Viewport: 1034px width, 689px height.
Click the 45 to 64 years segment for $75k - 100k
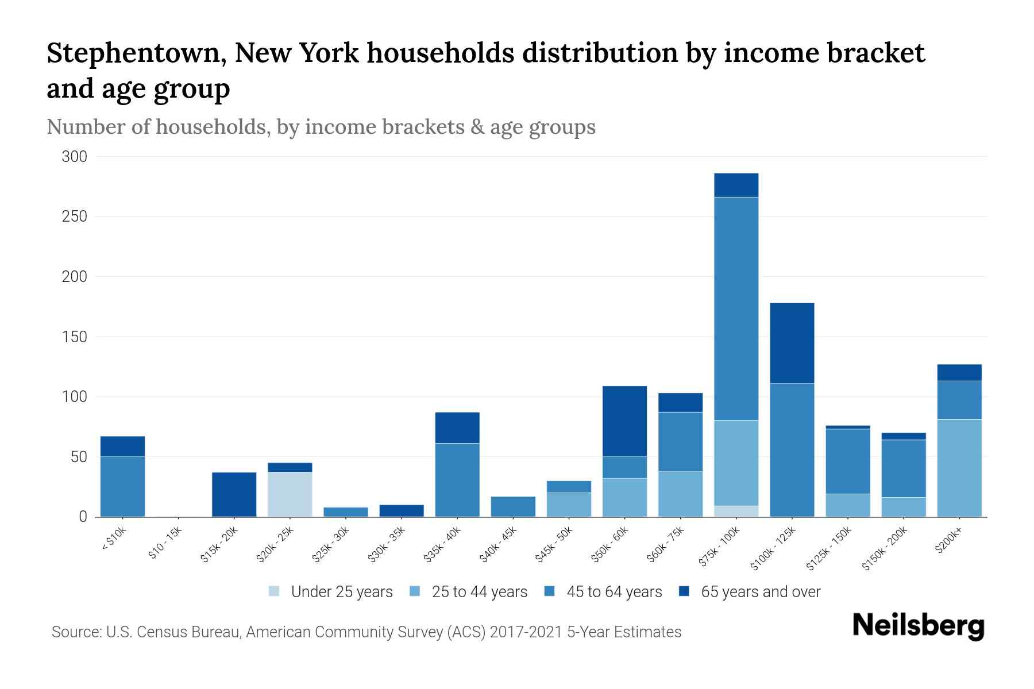click(736, 309)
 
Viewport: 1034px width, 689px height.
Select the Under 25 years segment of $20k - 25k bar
click(290, 494)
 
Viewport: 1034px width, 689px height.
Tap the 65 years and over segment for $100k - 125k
click(792, 343)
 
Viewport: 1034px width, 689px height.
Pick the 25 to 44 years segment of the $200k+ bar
click(959, 468)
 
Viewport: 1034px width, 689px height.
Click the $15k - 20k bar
click(234, 494)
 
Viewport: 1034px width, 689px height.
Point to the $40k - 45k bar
click(513, 506)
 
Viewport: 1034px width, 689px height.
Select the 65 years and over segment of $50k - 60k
click(624, 421)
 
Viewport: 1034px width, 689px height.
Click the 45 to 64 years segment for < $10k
click(122, 486)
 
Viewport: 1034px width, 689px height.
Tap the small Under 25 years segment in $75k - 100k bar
click(736, 511)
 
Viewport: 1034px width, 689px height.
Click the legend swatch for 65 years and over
click(684, 592)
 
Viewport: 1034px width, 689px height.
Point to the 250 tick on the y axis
click(74, 216)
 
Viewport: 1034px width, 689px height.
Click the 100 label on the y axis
click(74, 397)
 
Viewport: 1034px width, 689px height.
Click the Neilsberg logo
click(918, 626)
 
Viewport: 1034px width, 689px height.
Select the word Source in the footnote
click(75, 632)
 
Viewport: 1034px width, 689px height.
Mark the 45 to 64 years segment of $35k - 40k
click(457, 480)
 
